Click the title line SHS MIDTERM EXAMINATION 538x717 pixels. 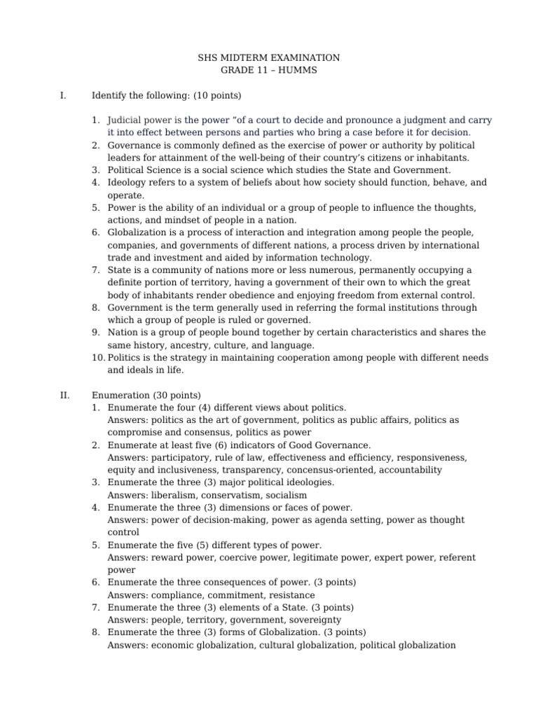point(270,58)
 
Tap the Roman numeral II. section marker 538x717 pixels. point(64,395)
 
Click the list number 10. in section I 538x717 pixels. point(98,358)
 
